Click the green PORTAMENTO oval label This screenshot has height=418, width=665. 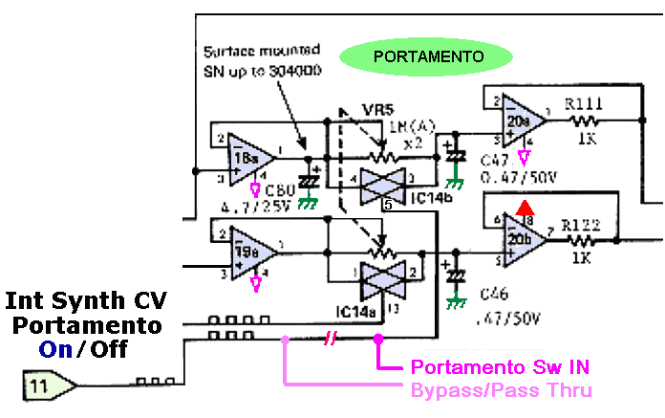click(428, 56)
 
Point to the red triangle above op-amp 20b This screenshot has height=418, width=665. click(522, 206)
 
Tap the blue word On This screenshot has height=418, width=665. click(56, 349)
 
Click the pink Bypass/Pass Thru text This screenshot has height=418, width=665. click(501, 389)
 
